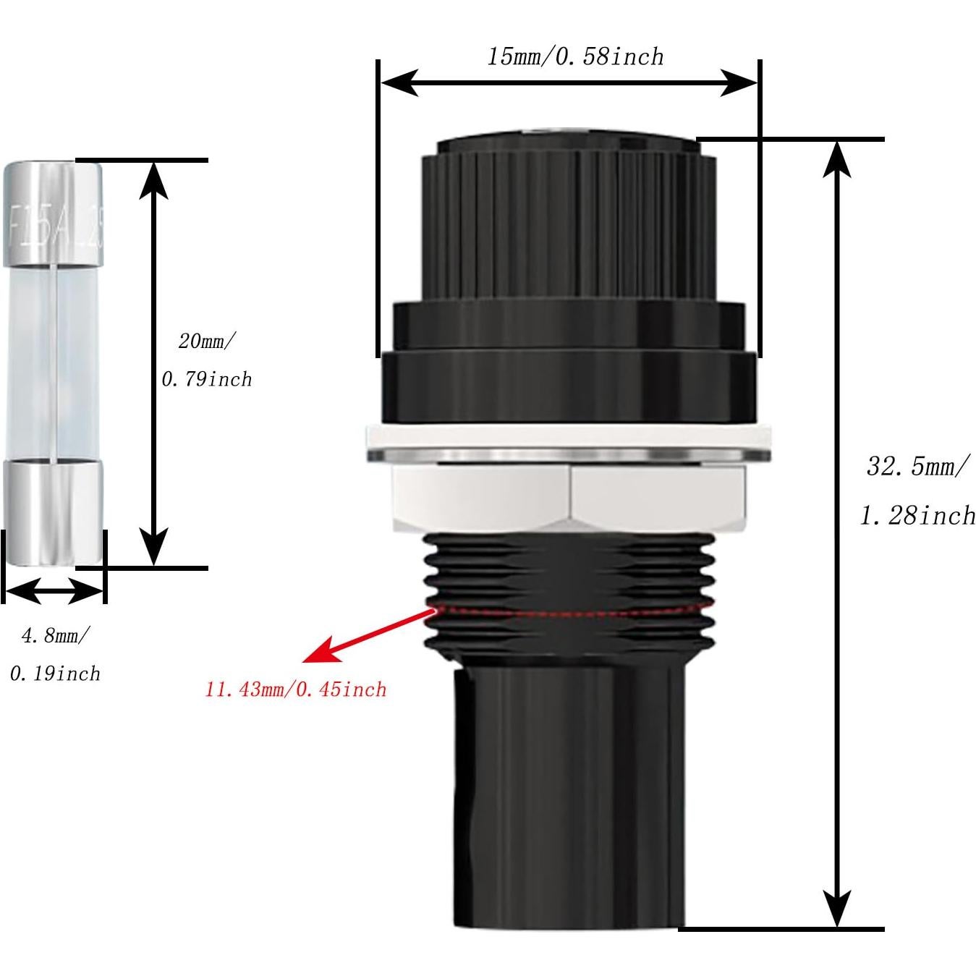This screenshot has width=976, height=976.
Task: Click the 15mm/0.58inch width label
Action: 574,56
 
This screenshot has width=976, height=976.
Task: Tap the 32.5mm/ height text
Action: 915,466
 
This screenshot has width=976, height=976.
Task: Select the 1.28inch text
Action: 917,515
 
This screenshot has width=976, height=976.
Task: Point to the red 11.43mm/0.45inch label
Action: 296,689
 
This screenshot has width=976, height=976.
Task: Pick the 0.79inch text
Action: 207,378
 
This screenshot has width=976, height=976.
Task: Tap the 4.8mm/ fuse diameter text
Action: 56,636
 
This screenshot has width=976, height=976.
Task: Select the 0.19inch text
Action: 55,674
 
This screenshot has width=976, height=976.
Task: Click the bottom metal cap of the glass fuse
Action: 54,512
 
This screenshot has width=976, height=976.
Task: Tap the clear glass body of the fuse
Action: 54,362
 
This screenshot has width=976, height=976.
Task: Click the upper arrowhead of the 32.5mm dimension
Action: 838,156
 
